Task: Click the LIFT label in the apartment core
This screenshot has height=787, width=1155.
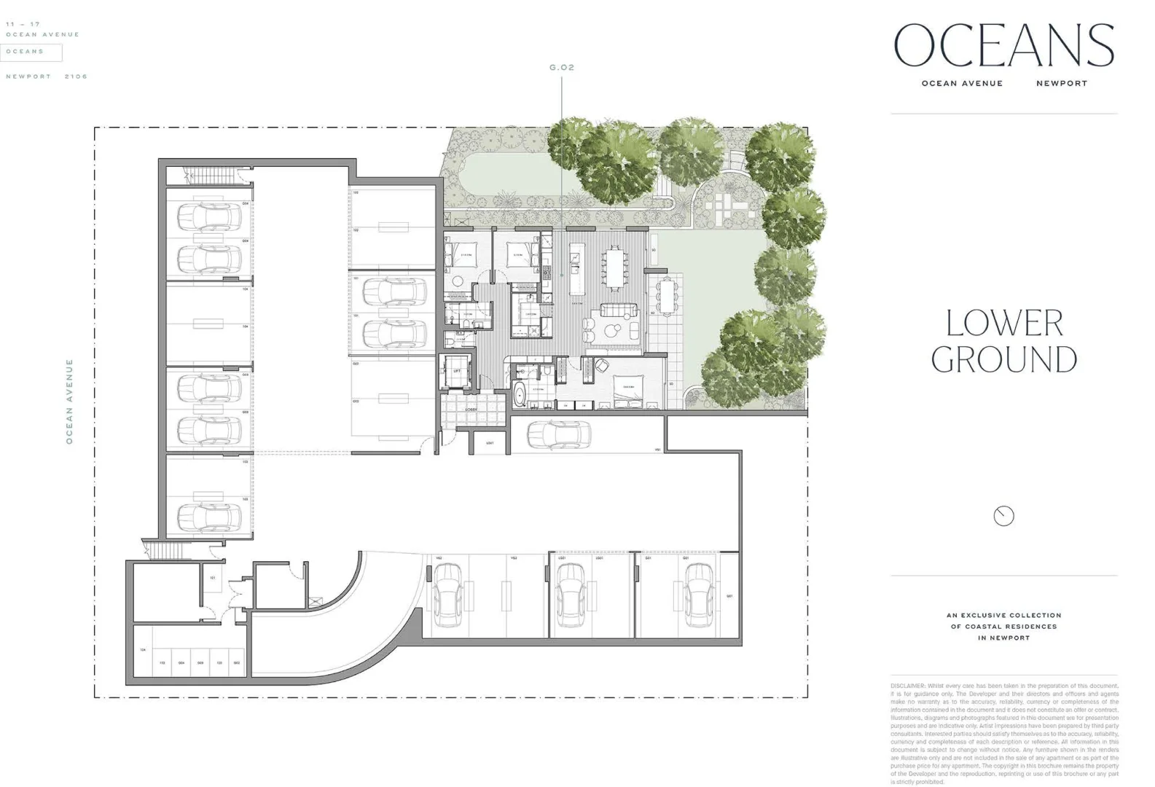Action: click(x=457, y=372)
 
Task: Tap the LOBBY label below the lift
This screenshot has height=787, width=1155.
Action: click(x=471, y=410)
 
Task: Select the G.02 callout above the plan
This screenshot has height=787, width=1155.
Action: click(x=562, y=68)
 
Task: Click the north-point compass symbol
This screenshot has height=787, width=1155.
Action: click(x=1003, y=516)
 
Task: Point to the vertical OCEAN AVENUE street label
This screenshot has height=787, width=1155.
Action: click(x=70, y=401)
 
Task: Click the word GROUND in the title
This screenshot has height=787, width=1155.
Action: click(x=1003, y=360)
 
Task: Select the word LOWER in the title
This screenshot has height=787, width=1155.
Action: click(x=1003, y=323)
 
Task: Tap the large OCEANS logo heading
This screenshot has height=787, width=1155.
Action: click(x=1003, y=45)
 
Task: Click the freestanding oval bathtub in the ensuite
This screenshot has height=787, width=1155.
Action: click(x=519, y=396)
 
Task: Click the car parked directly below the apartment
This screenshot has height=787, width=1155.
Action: click(x=559, y=435)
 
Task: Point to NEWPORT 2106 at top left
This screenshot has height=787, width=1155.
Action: click(x=46, y=77)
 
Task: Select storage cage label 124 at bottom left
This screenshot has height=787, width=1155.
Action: click(x=143, y=649)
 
